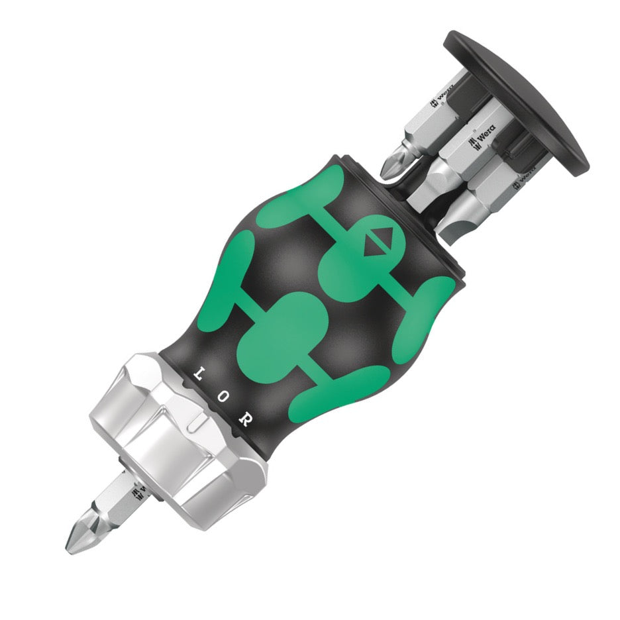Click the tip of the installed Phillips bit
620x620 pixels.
coord(71,545)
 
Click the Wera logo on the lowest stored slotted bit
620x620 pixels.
coord(523,178)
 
